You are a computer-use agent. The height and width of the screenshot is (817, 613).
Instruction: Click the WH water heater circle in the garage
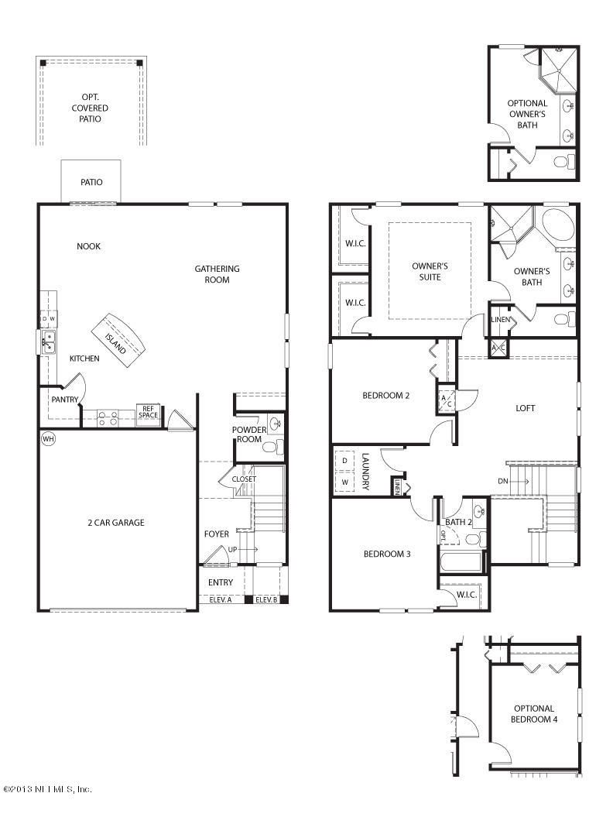(48, 439)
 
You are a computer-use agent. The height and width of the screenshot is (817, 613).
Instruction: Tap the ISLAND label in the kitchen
(115, 343)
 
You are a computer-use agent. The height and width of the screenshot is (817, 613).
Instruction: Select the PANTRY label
(64, 400)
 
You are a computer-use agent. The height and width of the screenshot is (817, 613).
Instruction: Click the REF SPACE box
(148, 412)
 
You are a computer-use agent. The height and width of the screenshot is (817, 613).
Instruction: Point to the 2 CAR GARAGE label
(115, 523)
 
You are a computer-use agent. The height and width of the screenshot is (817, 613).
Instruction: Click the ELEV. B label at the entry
(265, 599)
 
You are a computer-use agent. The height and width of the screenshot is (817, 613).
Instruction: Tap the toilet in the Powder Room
(272, 446)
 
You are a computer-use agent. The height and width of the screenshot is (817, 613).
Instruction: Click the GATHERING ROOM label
(217, 274)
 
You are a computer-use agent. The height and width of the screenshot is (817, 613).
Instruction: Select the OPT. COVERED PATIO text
(90, 108)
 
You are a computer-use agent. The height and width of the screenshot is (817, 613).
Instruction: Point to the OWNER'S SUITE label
(430, 272)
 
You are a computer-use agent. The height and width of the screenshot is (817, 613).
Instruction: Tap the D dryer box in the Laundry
(344, 461)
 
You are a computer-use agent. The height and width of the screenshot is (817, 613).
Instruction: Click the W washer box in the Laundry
(344, 482)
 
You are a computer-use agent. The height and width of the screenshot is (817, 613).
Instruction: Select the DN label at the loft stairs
(502, 482)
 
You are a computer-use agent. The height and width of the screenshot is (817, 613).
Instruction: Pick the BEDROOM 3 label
(387, 554)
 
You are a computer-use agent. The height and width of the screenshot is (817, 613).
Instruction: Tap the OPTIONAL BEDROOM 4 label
(534, 714)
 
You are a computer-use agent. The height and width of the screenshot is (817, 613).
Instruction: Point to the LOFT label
(525, 409)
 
